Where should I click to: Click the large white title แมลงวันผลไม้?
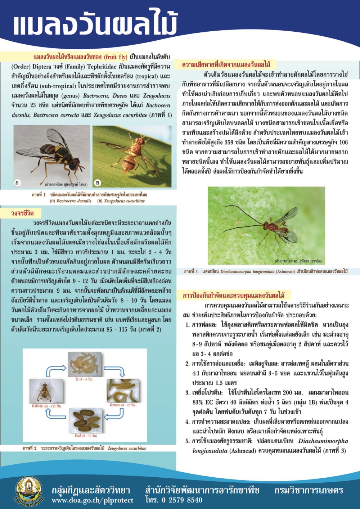coord(95,24)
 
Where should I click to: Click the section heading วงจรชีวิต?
coord(22,213)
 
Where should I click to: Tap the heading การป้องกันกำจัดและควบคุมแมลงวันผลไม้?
coord(234,296)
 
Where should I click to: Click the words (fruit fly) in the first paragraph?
coord(116,57)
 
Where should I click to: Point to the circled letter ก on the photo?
coord(17,183)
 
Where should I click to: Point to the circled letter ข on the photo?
coord(98,183)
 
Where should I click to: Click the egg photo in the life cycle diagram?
coord(85,364)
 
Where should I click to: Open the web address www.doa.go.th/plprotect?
coord(93,500)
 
